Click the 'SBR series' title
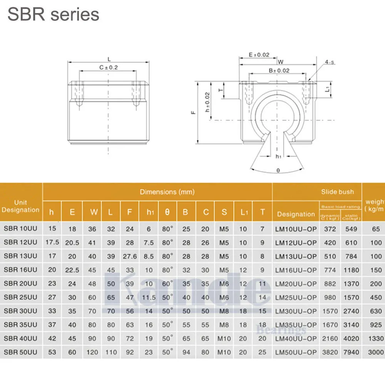point(54,15)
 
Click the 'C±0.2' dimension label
point(108,67)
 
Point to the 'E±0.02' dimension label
point(259,55)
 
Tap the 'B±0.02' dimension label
point(279,70)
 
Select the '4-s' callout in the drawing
point(329,62)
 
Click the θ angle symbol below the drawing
point(278,170)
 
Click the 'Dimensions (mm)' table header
point(167,192)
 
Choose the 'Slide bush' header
point(337,192)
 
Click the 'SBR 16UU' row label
point(20,270)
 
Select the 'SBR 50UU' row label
point(20,352)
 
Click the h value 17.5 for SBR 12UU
point(52,242)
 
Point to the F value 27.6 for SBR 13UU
point(129,256)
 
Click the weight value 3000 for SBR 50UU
point(376,352)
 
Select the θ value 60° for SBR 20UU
point(167,284)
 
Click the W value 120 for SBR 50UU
point(92,352)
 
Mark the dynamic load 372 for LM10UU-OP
point(330,229)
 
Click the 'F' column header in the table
point(130,212)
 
